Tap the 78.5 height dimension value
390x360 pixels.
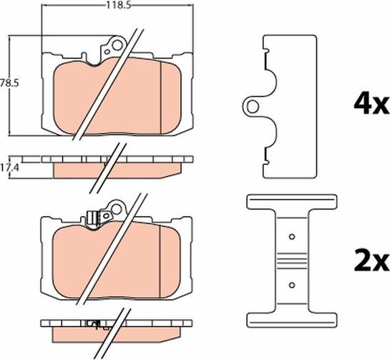(9, 83)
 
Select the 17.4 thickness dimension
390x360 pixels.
(10, 168)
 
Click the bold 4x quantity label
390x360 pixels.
(371, 104)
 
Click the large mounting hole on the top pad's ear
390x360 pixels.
(117, 45)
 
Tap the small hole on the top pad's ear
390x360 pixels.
(107, 52)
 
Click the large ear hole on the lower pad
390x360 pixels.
(116, 210)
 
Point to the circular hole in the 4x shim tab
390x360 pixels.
(253, 107)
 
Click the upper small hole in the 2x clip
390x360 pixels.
(292, 236)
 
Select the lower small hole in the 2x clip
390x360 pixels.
(292, 285)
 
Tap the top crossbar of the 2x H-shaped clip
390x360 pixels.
(292, 202)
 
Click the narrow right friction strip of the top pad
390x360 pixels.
(171, 97)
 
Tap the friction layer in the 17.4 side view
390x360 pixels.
(117, 170)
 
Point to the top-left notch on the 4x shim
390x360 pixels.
(266, 51)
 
